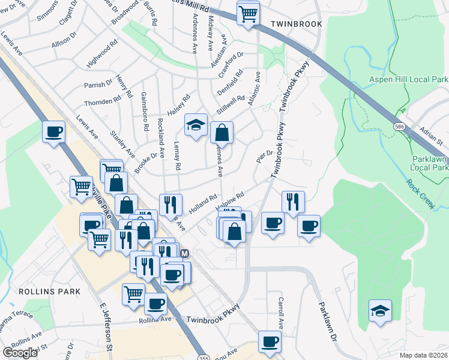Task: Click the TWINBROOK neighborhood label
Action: (x=296, y=24)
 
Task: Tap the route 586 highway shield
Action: (x=399, y=127)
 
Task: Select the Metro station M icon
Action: (x=185, y=253)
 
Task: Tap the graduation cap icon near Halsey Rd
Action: (x=196, y=125)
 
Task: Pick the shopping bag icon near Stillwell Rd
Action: (x=221, y=132)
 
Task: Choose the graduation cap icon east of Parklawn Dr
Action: (x=379, y=310)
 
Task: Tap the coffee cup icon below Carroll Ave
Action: (x=270, y=342)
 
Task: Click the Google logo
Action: (x=20, y=353)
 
